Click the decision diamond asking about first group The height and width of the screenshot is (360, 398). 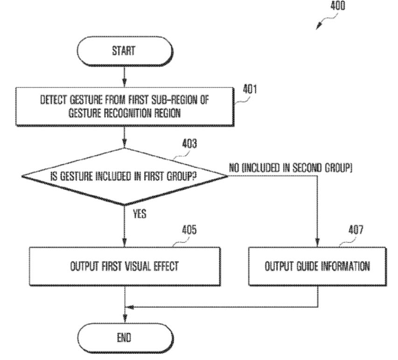(125, 176)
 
